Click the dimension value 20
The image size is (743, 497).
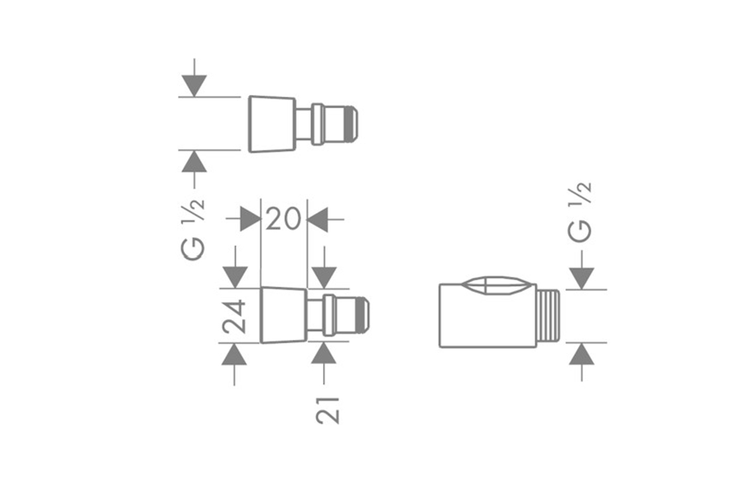(x=283, y=219)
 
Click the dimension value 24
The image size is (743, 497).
(x=235, y=315)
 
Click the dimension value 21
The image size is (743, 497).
(x=328, y=410)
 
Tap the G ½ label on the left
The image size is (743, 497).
(x=193, y=229)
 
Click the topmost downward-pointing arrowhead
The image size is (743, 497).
(x=194, y=85)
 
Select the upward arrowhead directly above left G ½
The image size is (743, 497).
(x=194, y=161)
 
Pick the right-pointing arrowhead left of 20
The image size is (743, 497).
(x=250, y=219)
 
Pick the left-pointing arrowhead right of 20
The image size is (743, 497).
(x=318, y=219)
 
